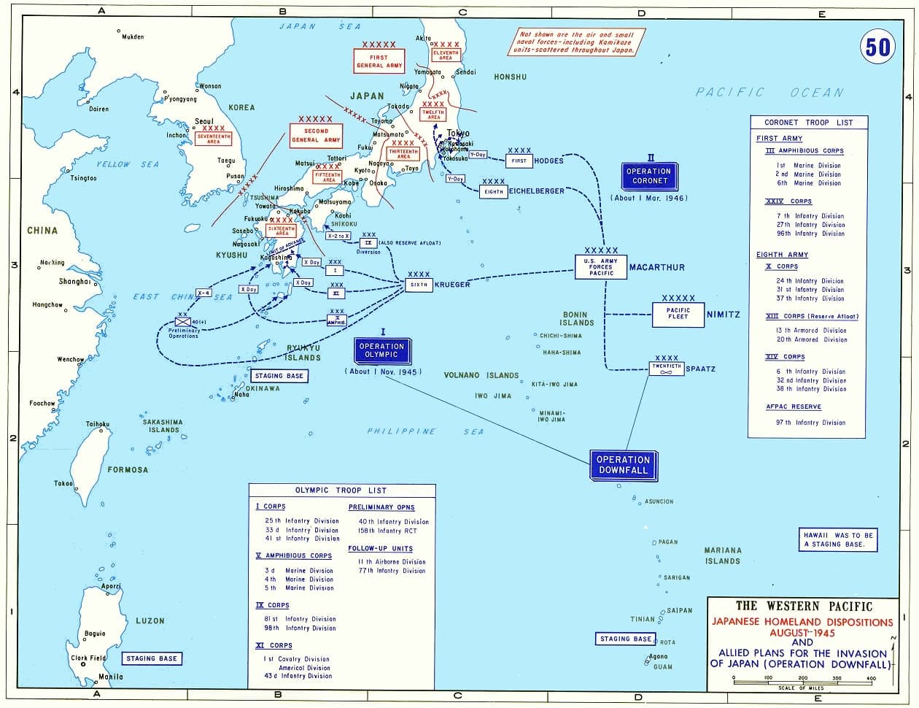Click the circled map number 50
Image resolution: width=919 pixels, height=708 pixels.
coord(877,47)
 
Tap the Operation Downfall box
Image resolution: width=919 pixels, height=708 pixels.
coord(622,465)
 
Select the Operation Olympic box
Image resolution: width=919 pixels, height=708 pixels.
coord(381,350)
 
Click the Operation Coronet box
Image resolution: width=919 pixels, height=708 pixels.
coord(648,176)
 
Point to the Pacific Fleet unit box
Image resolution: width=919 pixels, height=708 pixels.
coord(678,315)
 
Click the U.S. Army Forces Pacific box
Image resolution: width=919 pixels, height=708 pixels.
coord(601,266)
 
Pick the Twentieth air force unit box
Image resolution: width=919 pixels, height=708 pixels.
coord(666,369)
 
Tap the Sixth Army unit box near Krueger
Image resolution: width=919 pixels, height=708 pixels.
coord(419,285)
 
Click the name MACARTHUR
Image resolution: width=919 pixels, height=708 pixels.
coord(656,268)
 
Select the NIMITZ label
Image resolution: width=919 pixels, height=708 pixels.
coord(723,315)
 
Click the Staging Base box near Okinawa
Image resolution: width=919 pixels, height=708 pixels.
coord(279,376)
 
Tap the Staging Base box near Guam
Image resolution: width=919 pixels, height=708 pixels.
coord(625,639)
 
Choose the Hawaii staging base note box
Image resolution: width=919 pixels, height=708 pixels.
coord(837,539)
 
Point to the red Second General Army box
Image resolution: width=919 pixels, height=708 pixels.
coord(316,135)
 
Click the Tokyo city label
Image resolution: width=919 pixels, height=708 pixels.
coord(457,134)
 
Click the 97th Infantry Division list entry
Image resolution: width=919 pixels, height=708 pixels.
coord(810,423)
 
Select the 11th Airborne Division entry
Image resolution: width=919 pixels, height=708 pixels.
coord(391,562)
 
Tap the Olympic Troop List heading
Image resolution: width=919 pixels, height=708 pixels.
coord(341,490)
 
